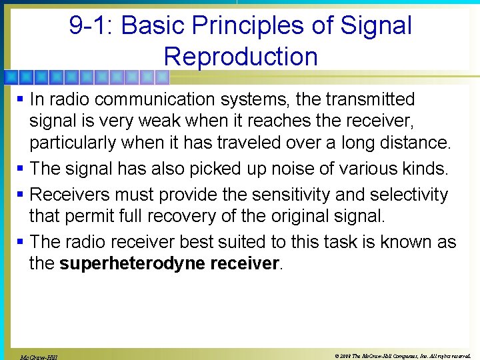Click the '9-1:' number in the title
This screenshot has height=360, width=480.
coord(91,25)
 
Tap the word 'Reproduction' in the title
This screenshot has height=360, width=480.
coord(241,56)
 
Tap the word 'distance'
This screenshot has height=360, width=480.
coord(413,143)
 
